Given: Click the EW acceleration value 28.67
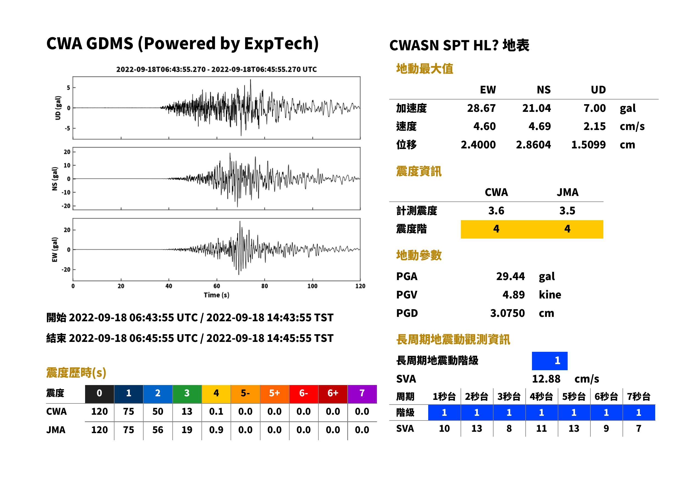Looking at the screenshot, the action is click(x=481, y=108).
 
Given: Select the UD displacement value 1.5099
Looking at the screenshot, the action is click(x=588, y=145).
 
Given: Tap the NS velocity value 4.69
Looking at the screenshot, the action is click(x=539, y=126).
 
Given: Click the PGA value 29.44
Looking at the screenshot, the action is click(x=510, y=276).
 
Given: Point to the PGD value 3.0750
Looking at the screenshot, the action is click(x=507, y=313).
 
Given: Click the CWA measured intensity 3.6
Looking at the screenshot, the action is click(x=496, y=211).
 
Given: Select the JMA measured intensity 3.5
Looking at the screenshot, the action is click(x=567, y=211).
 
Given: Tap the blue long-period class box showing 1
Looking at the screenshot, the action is click(x=550, y=361).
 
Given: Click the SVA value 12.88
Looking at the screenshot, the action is click(x=546, y=379).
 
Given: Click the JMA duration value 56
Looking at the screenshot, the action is click(x=158, y=430).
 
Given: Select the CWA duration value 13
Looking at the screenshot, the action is click(x=187, y=411).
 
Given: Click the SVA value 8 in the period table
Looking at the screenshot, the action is click(x=509, y=428).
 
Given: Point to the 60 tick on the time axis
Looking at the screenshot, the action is click(x=217, y=286).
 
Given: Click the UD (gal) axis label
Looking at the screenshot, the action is click(x=58, y=108).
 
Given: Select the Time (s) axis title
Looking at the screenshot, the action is click(x=217, y=295).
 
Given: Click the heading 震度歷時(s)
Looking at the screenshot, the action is click(x=76, y=373).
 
